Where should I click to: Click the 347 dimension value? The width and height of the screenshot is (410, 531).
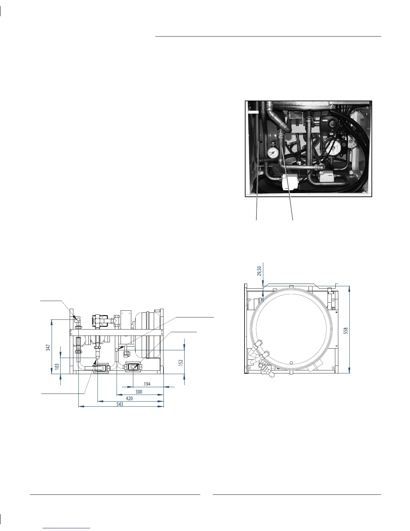click(x=48, y=348)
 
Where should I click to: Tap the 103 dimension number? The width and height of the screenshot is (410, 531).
click(x=57, y=366)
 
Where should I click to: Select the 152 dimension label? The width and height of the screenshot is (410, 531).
click(x=181, y=363)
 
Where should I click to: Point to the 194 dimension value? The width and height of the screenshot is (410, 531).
click(x=147, y=384)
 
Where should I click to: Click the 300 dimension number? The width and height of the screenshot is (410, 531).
click(x=139, y=392)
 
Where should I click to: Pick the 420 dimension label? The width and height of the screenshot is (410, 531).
click(x=129, y=398)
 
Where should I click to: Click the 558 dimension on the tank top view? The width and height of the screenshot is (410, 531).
click(x=345, y=331)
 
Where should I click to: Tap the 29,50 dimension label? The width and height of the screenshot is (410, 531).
click(x=259, y=271)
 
